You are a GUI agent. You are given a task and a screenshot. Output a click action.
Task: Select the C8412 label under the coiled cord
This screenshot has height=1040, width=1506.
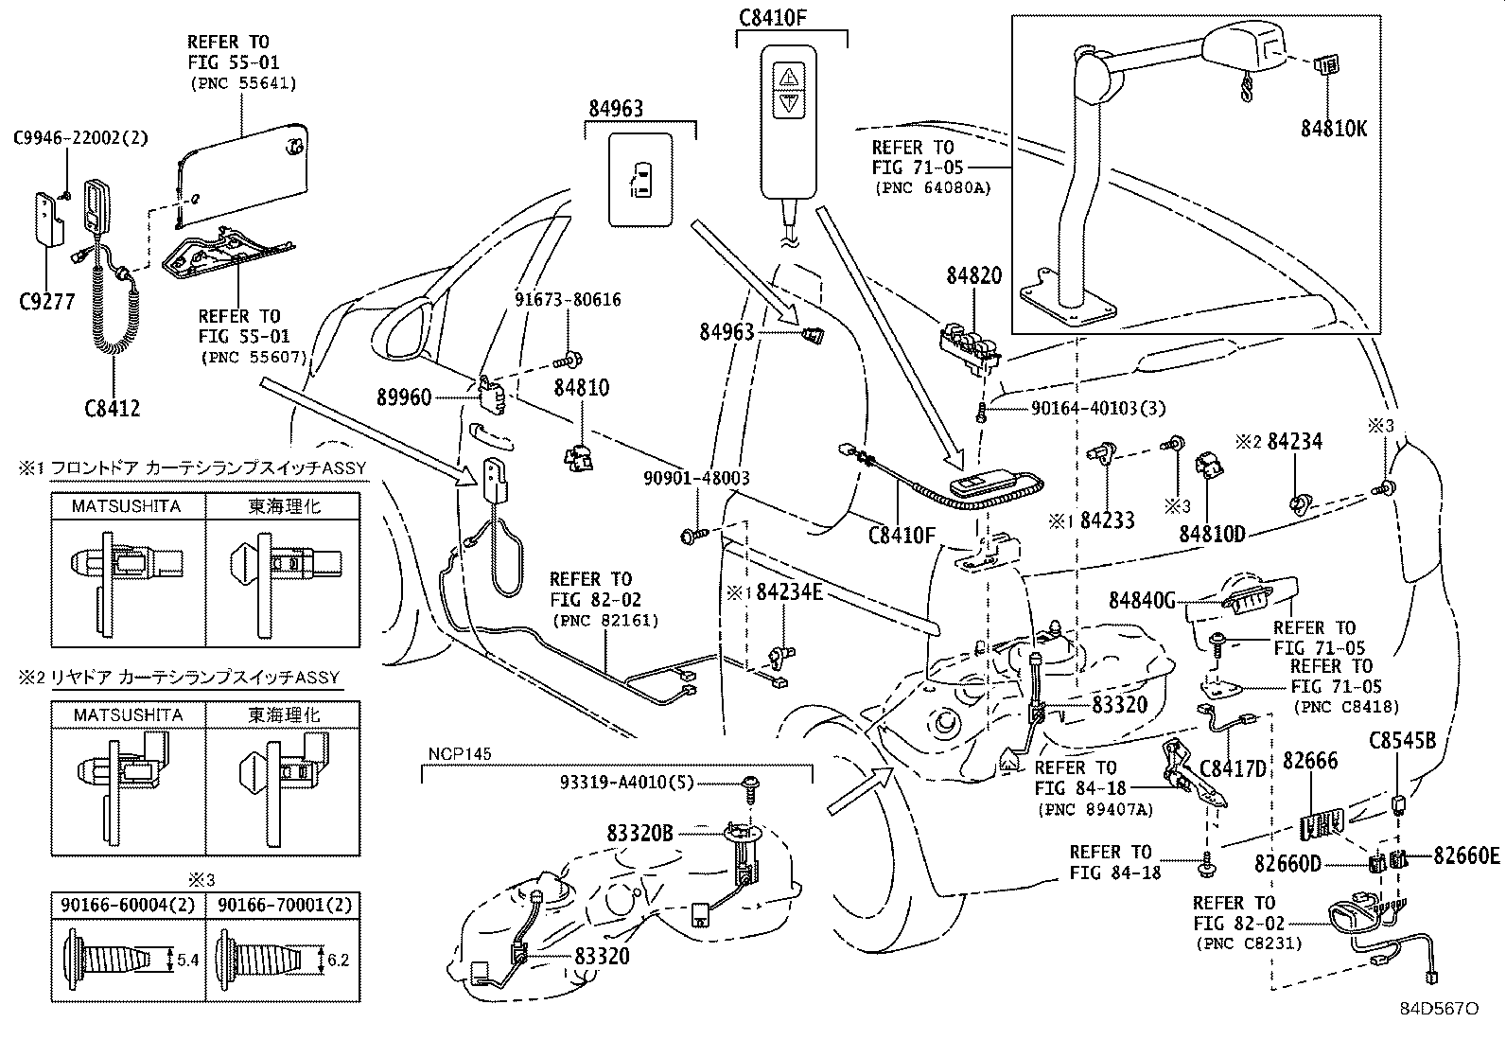point(112,409)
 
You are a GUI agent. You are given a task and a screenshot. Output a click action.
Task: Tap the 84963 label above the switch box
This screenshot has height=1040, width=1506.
point(616,109)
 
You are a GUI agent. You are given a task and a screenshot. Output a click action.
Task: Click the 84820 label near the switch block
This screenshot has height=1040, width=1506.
point(973,276)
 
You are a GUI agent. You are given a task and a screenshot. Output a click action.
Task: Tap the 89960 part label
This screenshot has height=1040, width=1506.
point(404,397)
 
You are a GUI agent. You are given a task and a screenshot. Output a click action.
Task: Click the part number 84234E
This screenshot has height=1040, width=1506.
point(789,593)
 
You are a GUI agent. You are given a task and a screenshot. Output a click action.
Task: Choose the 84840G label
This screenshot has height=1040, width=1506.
point(1141,600)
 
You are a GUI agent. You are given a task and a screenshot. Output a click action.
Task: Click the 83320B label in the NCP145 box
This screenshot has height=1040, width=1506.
point(639,834)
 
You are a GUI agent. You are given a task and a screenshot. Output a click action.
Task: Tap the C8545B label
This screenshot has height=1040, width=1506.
point(1403,741)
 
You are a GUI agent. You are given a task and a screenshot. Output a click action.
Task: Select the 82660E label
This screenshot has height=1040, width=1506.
point(1465,855)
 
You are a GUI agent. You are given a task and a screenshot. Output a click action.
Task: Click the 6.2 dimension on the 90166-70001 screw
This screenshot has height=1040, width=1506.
point(340,959)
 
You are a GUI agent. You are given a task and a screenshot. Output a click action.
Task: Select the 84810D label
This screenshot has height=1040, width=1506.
point(1212,533)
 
